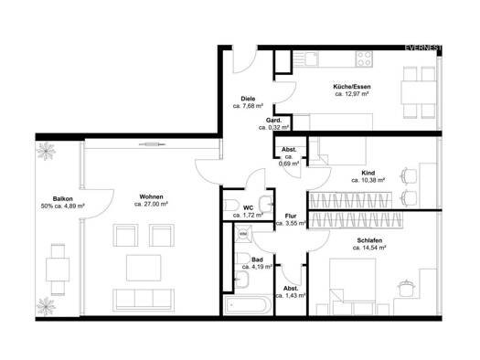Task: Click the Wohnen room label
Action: (x=151, y=196)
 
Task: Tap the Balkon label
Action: (x=62, y=199)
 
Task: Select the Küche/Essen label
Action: (x=352, y=87)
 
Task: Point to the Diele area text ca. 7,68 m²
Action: (x=248, y=106)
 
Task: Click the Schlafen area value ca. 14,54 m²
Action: (x=368, y=248)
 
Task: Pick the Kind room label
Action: (x=368, y=173)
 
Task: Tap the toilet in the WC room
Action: (x=231, y=205)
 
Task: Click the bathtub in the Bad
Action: (x=248, y=305)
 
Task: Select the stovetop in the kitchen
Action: (x=364, y=58)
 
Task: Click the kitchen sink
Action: (x=312, y=58)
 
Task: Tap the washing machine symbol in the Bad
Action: (x=243, y=234)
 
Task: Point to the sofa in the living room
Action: (x=144, y=300)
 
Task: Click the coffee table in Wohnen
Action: (x=144, y=268)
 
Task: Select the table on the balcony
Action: (x=58, y=270)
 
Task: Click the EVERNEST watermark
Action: (x=423, y=48)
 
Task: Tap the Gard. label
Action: (x=273, y=121)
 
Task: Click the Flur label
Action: (x=291, y=217)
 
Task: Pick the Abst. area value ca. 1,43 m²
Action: (x=291, y=296)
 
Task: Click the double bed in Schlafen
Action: (x=353, y=287)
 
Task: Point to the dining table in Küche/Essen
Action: (x=419, y=92)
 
